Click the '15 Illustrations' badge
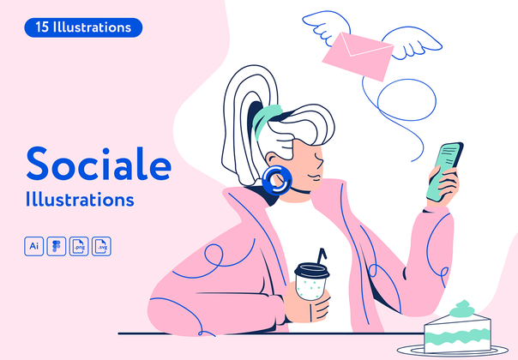(x=83, y=27)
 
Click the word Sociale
(x=98, y=163)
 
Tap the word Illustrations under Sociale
(x=80, y=200)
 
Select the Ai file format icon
(x=34, y=246)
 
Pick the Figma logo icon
(x=57, y=246)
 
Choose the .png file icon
(x=79, y=246)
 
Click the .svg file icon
(x=101, y=246)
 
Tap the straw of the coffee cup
(x=322, y=256)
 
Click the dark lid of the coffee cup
(x=310, y=271)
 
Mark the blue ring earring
(x=275, y=179)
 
